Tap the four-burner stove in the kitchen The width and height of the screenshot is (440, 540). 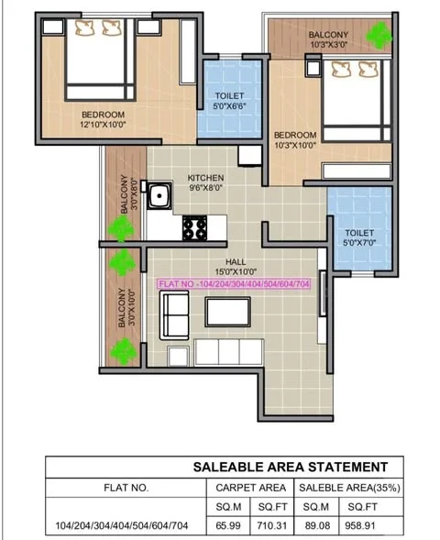pos(195,226)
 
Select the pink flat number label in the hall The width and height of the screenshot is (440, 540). pos(236,285)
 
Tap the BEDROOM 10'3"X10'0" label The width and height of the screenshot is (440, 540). pos(296,138)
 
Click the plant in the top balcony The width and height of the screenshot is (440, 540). pos(378,36)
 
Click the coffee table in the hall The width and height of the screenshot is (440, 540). pos(228,313)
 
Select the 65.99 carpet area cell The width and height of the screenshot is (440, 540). pos(224,525)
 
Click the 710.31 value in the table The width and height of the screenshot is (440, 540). pos(270,525)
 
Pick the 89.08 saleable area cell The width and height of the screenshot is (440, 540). pos(319,525)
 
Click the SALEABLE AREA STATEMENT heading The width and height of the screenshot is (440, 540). pos(290,467)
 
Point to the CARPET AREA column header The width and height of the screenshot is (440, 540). pos(247,487)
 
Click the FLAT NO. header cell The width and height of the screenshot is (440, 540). pos(124,487)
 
